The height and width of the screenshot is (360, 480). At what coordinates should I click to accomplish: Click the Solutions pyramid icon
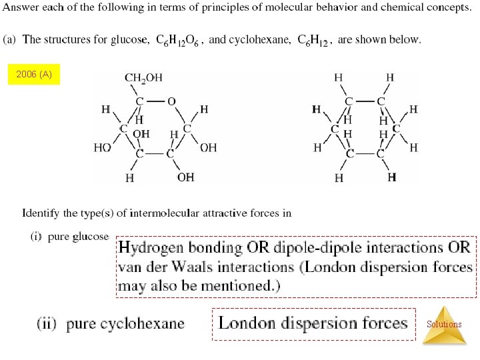tap(444, 325)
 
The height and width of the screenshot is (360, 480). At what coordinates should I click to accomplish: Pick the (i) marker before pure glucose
tap(37, 236)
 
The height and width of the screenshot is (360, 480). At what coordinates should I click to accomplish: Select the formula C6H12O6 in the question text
tap(181, 40)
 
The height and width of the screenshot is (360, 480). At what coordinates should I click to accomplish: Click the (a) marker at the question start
tap(10, 39)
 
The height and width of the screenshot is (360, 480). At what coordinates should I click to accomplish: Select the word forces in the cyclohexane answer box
tap(377, 324)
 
